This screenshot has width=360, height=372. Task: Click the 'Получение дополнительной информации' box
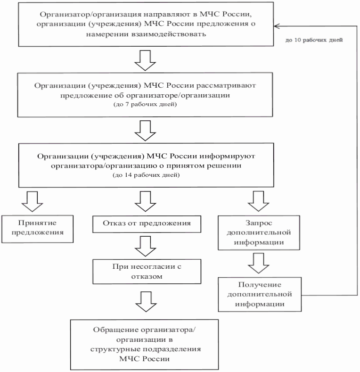(260, 294)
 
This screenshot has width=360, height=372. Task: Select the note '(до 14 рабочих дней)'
(144, 175)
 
